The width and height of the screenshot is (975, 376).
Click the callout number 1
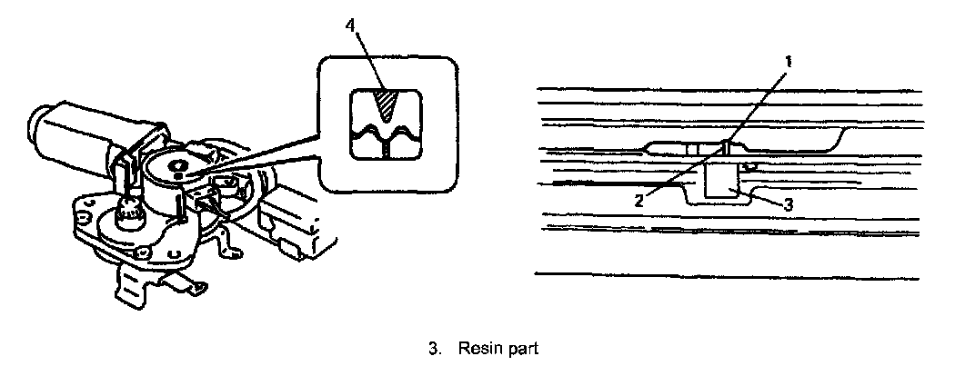point(788,61)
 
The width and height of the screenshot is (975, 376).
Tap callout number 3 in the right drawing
point(788,205)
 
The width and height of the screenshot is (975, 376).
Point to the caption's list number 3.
point(434,348)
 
